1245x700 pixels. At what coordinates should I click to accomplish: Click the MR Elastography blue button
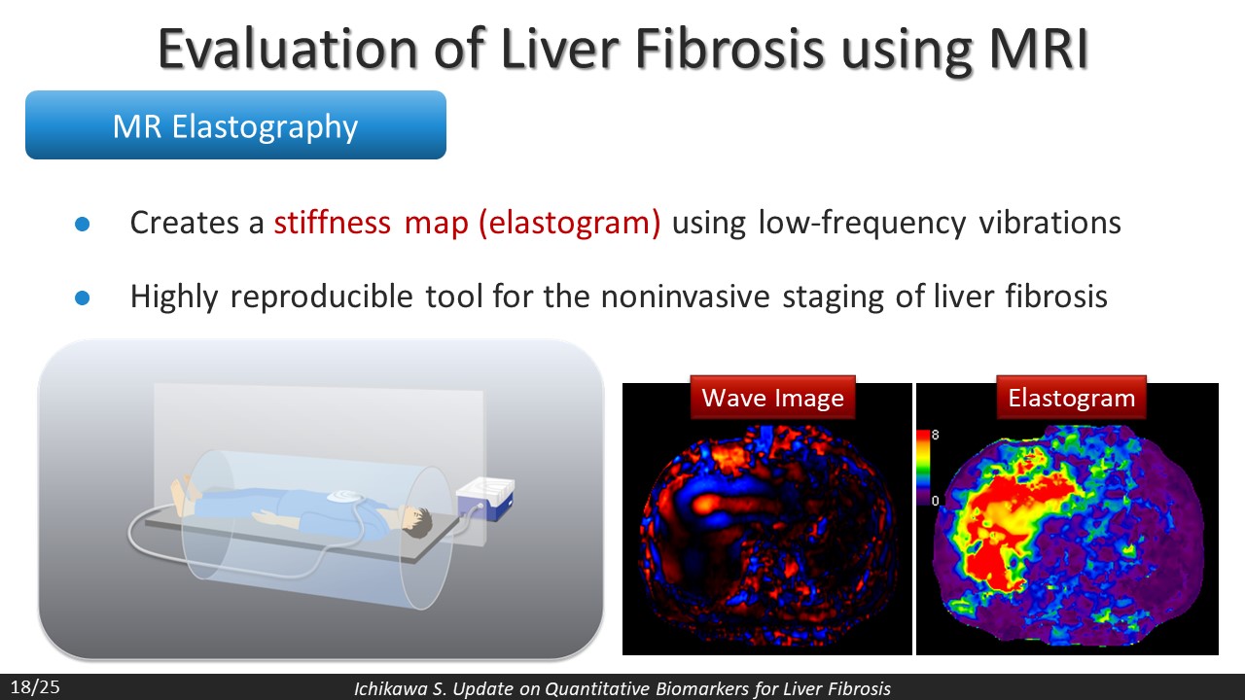[x=235, y=125]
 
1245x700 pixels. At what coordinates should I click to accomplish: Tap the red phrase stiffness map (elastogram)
[x=468, y=224]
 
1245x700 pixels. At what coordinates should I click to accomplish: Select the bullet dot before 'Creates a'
[x=83, y=224]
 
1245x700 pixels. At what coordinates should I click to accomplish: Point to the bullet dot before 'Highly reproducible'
[x=83, y=297]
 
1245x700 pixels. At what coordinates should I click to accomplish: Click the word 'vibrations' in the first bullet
[x=1049, y=223]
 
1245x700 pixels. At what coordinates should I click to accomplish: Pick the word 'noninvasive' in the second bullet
[x=686, y=297]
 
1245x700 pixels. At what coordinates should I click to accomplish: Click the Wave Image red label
[x=772, y=398]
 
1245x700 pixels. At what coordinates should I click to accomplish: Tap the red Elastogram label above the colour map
[x=1072, y=398]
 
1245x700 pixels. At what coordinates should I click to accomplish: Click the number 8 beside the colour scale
[x=936, y=435]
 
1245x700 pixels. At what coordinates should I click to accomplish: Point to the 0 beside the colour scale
[x=936, y=501]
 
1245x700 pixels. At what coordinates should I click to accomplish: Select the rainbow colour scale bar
[x=923, y=468]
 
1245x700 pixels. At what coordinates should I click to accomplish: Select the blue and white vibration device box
[x=485, y=499]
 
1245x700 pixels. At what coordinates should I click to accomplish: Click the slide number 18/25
[x=35, y=687]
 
